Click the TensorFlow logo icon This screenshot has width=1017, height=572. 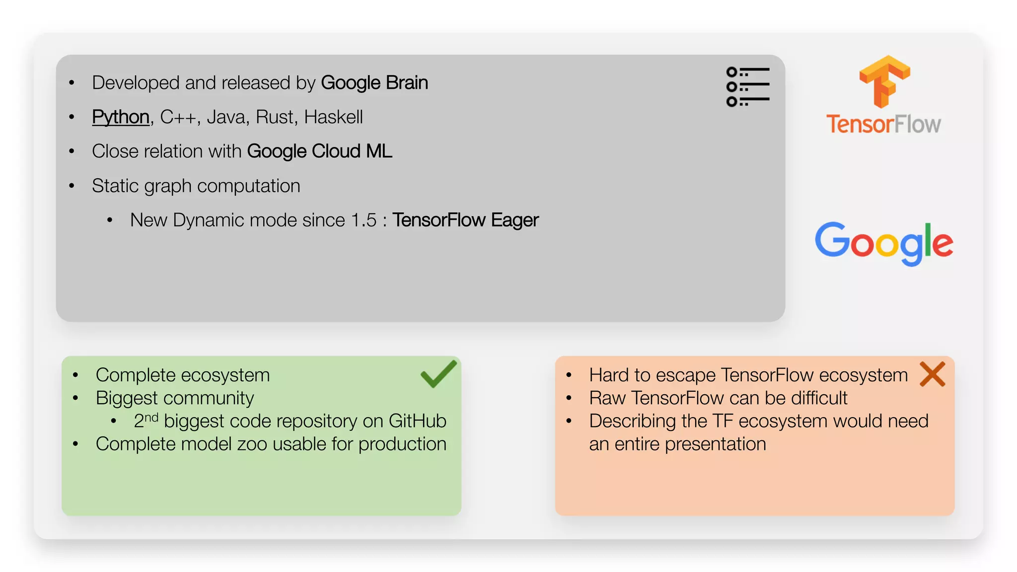coord(884,81)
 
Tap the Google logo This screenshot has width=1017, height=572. coord(884,243)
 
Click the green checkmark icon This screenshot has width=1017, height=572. coord(438,374)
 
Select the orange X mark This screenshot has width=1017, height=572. coord(932,374)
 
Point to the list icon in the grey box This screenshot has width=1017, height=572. coord(747,87)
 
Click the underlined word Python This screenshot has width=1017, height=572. coord(121,117)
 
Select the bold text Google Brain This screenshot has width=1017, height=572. coord(374,83)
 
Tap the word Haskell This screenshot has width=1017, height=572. coord(333,117)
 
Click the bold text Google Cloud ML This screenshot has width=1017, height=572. coord(319,151)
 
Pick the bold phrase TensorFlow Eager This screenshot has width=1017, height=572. coord(465,220)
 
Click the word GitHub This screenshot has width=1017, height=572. coord(417,421)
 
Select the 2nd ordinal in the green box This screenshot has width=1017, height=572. coord(146,420)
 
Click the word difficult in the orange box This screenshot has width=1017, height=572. coord(819,398)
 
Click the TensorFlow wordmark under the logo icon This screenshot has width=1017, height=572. coord(883,124)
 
